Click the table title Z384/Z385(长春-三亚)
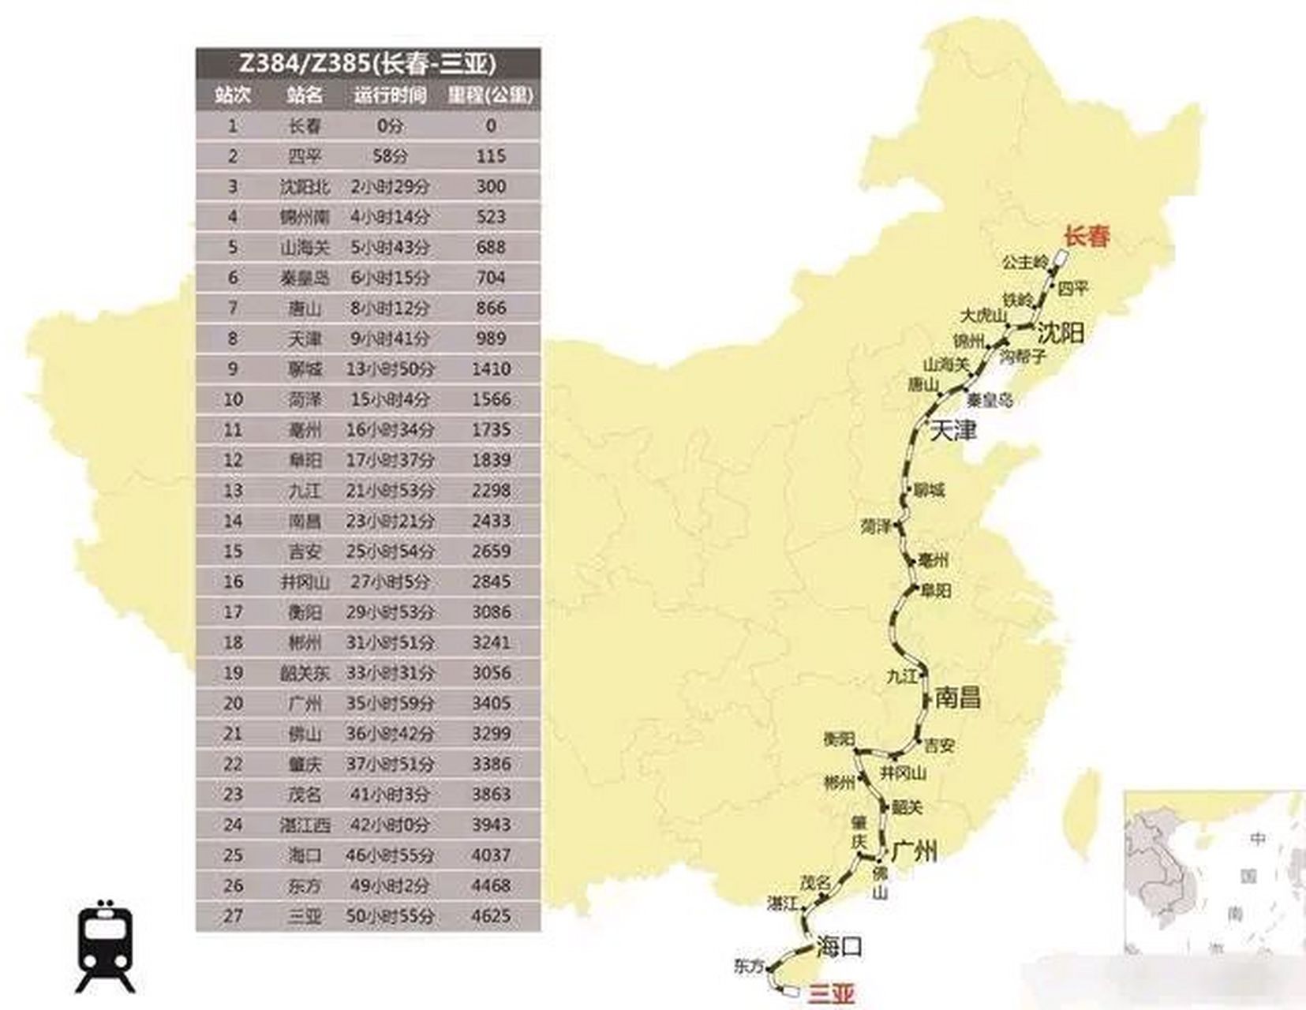(x=368, y=63)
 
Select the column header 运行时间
(x=390, y=95)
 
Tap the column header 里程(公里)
(x=491, y=95)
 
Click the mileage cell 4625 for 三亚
(x=491, y=916)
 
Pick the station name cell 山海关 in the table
(x=305, y=247)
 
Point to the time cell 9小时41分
(x=390, y=339)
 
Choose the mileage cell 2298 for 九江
(x=491, y=490)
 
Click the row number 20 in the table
(x=232, y=703)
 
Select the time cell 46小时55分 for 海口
(x=390, y=855)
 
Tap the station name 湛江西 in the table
(x=305, y=825)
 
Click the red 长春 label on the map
(x=1087, y=236)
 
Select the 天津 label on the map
(x=953, y=431)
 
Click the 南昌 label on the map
(x=958, y=698)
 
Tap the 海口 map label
(x=840, y=945)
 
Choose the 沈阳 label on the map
(x=1061, y=332)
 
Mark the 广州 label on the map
(x=915, y=851)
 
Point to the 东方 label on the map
(x=749, y=965)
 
